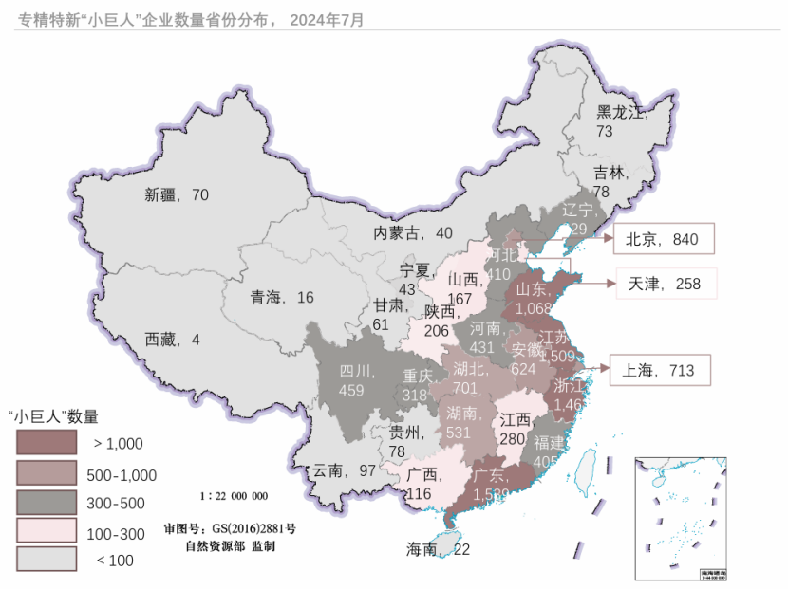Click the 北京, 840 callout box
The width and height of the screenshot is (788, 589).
pos(662,240)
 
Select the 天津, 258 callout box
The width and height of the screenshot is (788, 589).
pos(664,284)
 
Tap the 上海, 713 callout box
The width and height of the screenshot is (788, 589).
pos(659,370)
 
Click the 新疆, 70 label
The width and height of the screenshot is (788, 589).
pos(177,195)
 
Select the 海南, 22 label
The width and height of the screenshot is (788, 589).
pos(438,549)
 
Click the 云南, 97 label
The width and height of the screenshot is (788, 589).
pos(345,470)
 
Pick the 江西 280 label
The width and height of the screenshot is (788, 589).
pos(515,429)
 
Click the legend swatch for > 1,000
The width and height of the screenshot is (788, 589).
pos(46,442)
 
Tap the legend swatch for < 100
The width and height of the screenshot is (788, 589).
pos(46,559)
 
